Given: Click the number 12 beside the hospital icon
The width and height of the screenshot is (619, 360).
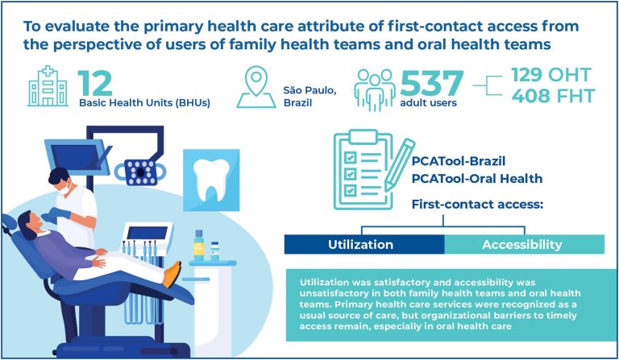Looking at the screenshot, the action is click(x=95, y=83).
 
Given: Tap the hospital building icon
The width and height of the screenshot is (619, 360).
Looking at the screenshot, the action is click(x=48, y=86).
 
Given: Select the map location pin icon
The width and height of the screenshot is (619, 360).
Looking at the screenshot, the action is click(x=256, y=87).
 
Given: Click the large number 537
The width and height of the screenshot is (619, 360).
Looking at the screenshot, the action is click(x=431, y=84).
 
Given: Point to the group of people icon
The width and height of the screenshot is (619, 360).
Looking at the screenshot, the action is click(x=374, y=90).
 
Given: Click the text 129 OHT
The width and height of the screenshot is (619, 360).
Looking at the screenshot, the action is click(x=551, y=75).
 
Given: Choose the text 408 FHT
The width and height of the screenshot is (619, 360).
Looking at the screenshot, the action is click(x=554, y=96).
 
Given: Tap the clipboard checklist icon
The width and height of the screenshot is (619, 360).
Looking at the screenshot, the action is click(x=364, y=170).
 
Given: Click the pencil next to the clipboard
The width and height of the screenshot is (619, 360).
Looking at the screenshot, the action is click(x=399, y=165).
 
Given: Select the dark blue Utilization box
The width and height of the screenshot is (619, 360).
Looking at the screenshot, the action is click(x=364, y=245).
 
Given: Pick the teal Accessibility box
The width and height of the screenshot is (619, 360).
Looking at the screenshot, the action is click(x=524, y=245).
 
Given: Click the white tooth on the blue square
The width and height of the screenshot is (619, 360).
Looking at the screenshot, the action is click(x=211, y=180).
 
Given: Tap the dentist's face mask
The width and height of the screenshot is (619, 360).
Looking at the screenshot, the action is click(x=64, y=189).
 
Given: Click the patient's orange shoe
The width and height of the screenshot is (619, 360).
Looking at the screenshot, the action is click(x=172, y=274).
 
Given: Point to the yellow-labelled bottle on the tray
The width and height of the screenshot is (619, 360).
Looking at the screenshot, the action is click(x=199, y=246).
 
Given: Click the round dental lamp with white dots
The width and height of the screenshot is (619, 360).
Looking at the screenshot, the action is click(x=140, y=172).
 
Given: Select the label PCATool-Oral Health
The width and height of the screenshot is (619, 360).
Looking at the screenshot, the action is click(x=477, y=179).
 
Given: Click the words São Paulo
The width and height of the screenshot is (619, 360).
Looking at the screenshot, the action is click(x=309, y=90).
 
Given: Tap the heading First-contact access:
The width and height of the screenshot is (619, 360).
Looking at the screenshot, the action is click(x=478, y=205).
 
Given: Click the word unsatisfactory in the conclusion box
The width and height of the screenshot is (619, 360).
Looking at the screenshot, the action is click(x=329, y=293).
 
